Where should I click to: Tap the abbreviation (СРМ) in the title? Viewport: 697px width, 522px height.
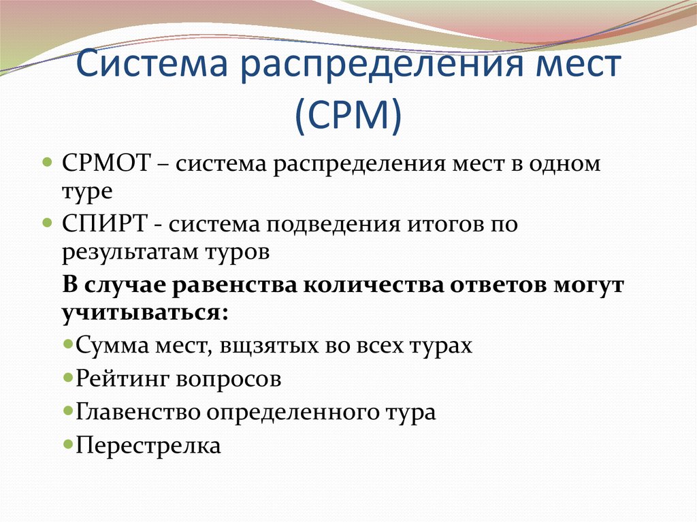[348, 116]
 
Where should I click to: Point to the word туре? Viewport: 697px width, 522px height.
[86, 193]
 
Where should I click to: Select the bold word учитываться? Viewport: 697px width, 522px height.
[144, 313]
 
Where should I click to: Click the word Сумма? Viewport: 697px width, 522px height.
[111, 345]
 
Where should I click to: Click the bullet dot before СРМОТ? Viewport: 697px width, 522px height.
[47, 165]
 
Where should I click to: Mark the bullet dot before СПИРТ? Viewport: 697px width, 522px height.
[47, 223]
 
